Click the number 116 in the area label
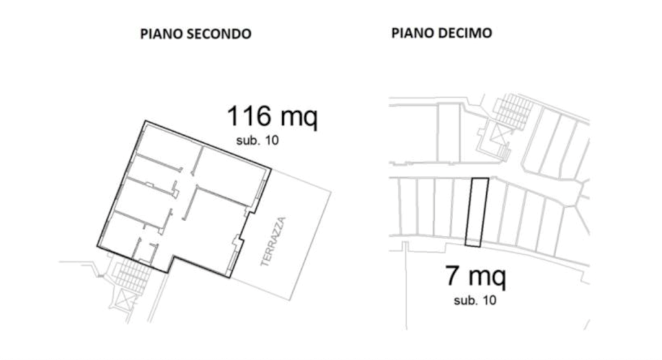pyautogui.click(x=249, y=116)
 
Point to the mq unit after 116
pyautogui.click(x=299, y=118)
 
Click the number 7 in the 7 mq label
pyautogui.click(x=452, y=275)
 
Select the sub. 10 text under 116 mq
pyautogui.click(x=257, y=140)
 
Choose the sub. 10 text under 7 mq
pyautogui.click(x=475, y=301)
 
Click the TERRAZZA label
pyautogui.click(x=273, y=242)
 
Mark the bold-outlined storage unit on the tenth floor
pyautogui.click(x=476, y=212)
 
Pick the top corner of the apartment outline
pyautogui.click(x=145, y=121)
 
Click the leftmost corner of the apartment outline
pyautogui.click(x=97, y=246)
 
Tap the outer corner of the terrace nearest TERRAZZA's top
pyautogui.click(x=331, y=193)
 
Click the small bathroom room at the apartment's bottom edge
pyautogui.click(x=144, y=252)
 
